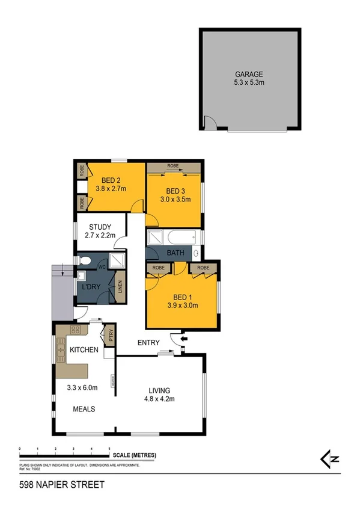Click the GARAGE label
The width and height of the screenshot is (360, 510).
click(249, 74)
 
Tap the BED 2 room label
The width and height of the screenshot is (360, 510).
click(112, 180)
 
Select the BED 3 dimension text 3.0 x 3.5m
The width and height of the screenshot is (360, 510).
click(175, 198)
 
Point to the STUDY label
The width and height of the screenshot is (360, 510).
click(100, 227)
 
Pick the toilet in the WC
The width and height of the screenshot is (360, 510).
click(85, 261)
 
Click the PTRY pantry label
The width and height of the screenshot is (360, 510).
click(110, 335)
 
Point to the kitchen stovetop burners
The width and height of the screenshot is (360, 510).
click(76, 330)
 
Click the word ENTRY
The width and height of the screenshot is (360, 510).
click(148, 343)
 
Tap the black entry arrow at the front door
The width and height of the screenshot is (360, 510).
click(183, 339)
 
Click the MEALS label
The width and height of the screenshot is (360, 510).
click(84, 409)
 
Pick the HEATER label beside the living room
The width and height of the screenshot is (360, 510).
click(112, 381)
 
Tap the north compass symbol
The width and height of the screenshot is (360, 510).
click(330, 459)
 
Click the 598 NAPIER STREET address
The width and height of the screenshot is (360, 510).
click(53, 484)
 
